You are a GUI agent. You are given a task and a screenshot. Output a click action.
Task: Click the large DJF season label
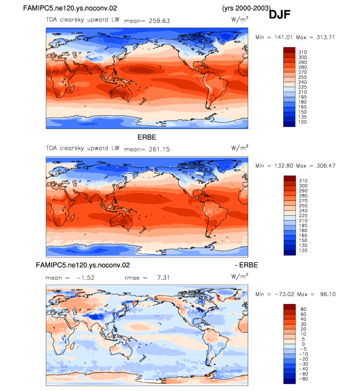click(279, 14)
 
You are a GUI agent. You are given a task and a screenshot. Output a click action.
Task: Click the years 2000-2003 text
click(246, 8)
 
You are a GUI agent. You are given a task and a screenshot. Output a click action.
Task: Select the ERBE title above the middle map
click(147, 137)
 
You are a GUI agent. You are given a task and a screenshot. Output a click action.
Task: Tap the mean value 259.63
click(159, 21)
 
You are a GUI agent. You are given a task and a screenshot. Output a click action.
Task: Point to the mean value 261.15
click(159, 149)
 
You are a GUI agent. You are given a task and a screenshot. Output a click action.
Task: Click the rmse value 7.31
click(164, 278)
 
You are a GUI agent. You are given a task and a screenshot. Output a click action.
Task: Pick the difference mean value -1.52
click(85, 278)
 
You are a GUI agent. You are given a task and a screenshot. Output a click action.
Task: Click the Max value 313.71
click(326, 37)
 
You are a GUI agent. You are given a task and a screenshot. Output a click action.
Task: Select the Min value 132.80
click(284, 165)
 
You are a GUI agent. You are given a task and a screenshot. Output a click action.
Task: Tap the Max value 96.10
click(328, 294)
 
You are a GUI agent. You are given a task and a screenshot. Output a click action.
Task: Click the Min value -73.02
click(284, 294)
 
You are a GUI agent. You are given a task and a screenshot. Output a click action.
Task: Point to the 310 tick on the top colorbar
click(302, 52)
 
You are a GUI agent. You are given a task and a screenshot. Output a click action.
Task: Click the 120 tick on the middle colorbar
click(303, 250)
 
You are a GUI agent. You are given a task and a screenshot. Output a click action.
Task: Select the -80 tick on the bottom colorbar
click(303, 379)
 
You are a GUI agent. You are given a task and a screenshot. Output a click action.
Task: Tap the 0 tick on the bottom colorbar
click(303, 344)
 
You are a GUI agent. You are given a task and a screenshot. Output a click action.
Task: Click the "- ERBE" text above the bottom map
click(246, 265)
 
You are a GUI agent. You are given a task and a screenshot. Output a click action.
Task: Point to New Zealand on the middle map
click(143, 229)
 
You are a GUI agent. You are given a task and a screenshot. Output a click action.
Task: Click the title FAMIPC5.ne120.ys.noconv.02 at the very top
click(70, 8)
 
